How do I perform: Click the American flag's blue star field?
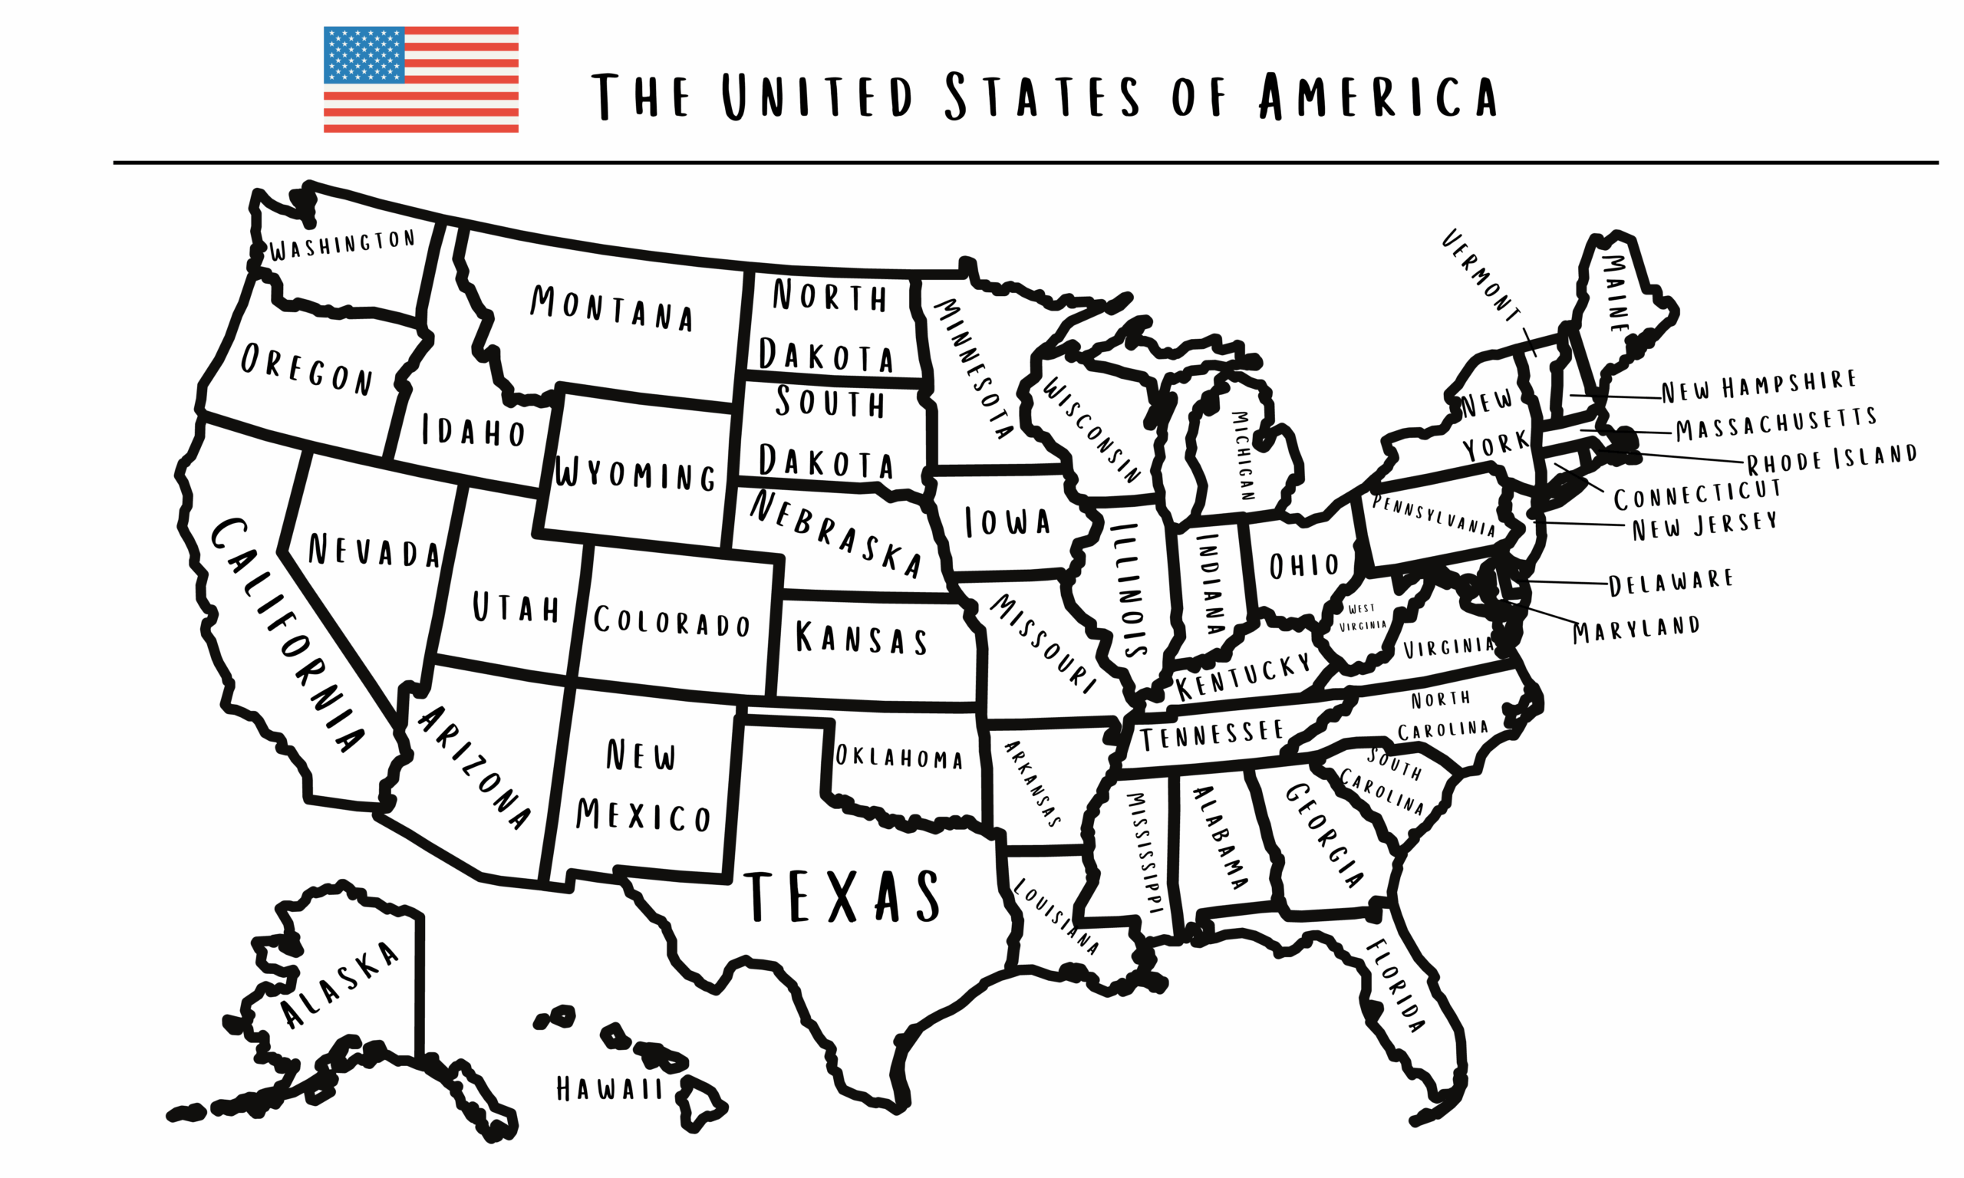[364, 54]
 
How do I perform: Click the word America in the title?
[1377, 97]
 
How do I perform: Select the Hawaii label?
[609, 1088]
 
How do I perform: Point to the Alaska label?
[340, 984]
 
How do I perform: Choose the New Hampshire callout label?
[1758, 386]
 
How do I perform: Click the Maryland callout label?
[1636, 630]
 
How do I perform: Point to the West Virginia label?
[1363, 617]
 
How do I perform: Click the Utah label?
[516, 607]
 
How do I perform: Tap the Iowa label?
[1007, 522]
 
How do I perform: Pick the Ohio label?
[1303, 566]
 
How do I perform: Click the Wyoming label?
[635, 474]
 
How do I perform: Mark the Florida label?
[1395, 985]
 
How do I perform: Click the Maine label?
[1616, 293]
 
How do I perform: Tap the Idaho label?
[473, 431]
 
